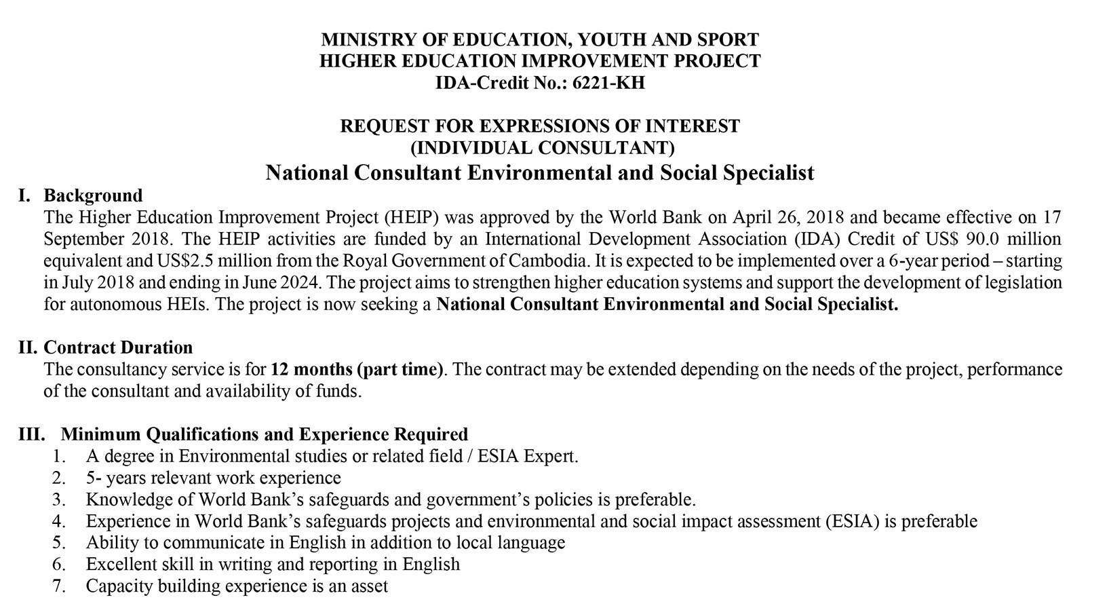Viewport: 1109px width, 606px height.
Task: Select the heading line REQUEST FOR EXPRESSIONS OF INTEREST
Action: coord(539,126)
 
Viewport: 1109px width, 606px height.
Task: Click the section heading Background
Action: coord(93,195)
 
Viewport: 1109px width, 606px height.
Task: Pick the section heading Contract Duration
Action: coord(118,347)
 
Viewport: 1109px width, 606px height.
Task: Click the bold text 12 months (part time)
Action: coord(357,369)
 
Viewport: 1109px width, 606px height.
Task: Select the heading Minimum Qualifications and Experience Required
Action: coord(265,434)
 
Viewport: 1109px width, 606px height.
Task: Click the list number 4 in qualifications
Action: coord(59,521)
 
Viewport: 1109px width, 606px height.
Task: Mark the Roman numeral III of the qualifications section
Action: coord(31,434)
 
